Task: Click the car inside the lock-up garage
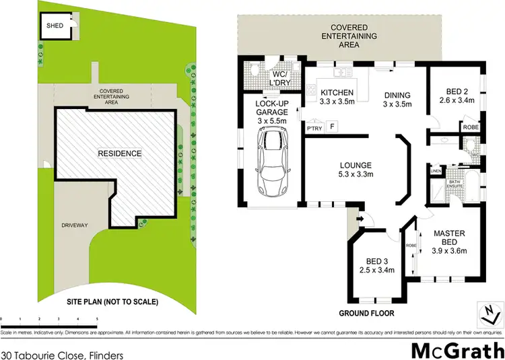point(272,162)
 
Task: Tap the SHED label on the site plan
point(55,26)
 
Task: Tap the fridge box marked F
point(332,127)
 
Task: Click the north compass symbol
point(491,310)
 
